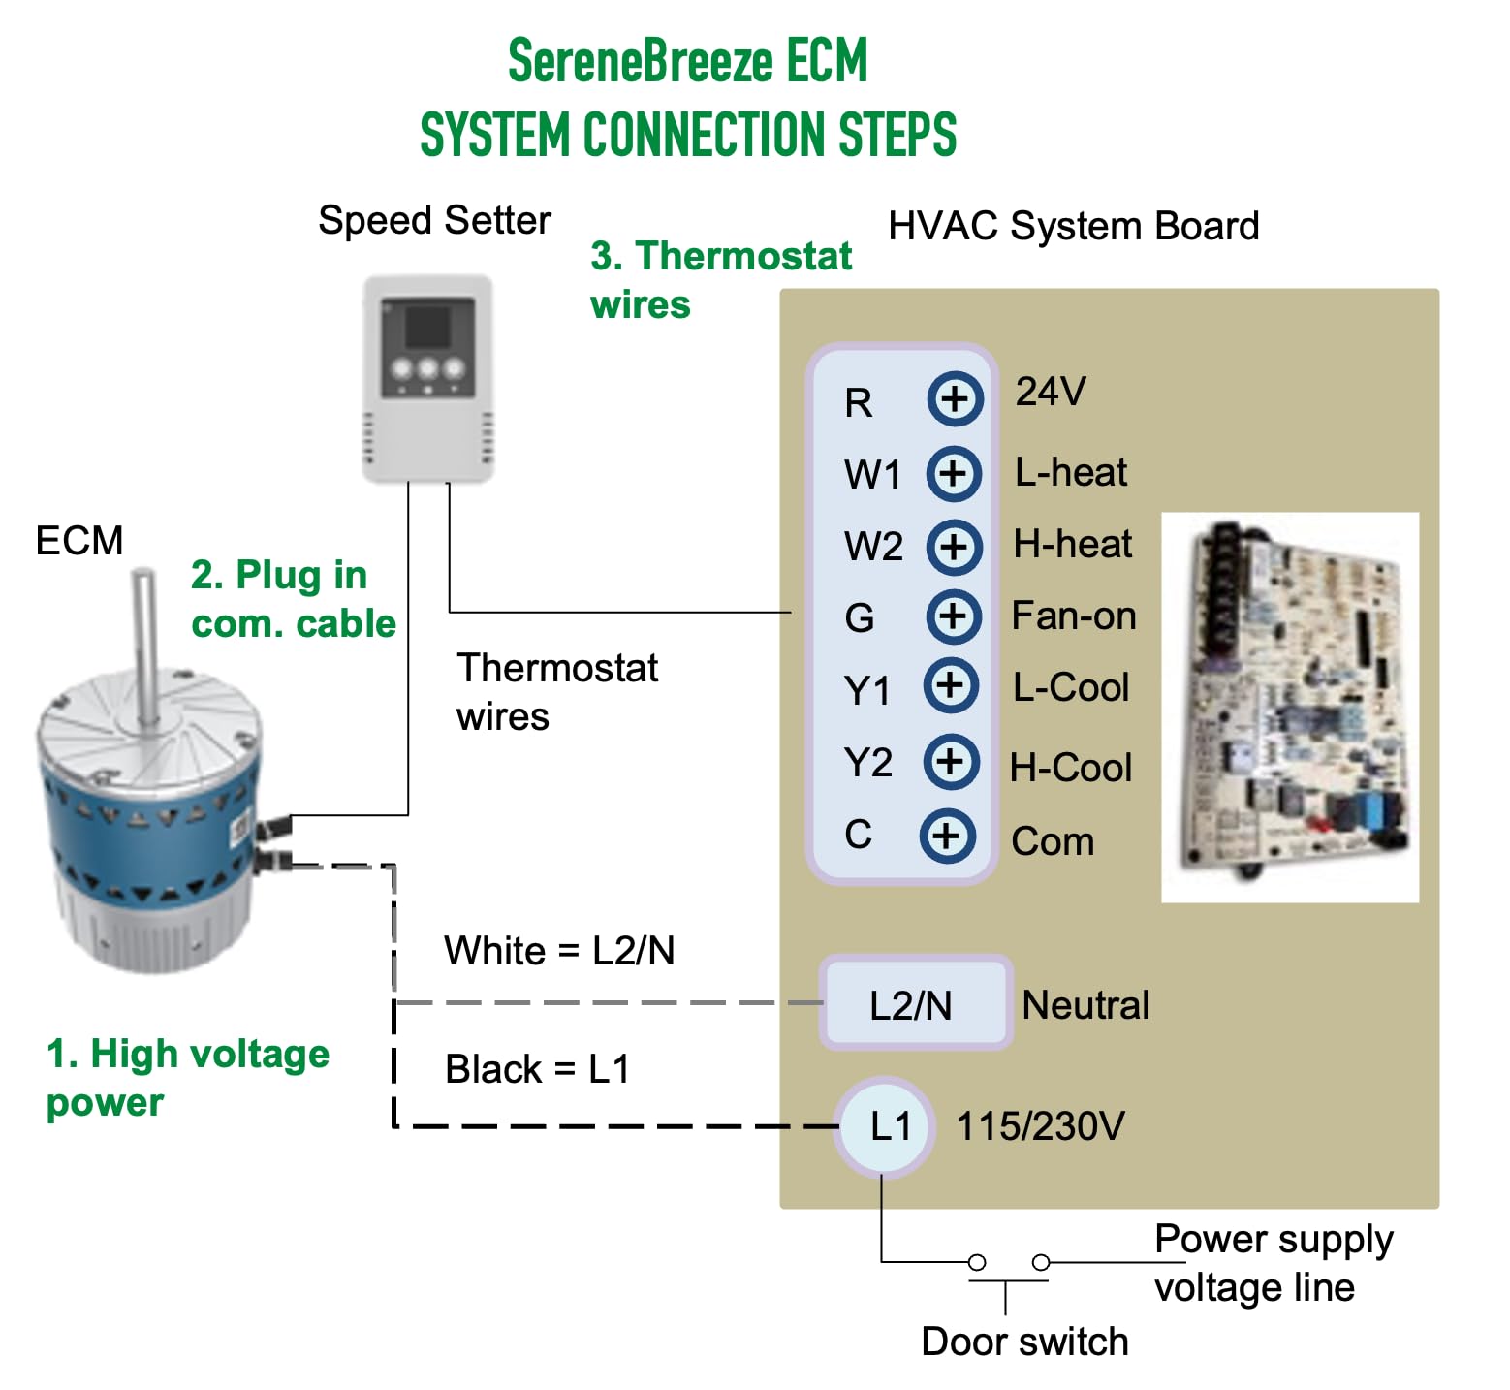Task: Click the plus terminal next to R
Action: point(955,398)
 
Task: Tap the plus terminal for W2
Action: point(954,546)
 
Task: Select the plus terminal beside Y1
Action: point(950,686)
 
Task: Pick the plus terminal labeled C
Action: point(946,836)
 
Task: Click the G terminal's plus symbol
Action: point(954,616)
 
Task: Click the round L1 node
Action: point(886,1126)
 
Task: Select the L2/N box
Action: point(913,1004)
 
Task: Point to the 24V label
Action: point(1051,392)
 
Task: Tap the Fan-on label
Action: point(1073,616)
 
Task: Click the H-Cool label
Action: point(1071,768)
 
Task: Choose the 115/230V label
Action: point(1040,1126)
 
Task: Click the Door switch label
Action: point(1024,1342)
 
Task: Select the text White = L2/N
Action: point(559,951)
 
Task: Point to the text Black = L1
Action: point(537,1069)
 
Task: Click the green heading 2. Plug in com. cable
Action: point(293,599)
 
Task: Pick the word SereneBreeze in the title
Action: point(640,61)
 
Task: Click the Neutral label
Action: point(1085,1005)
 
